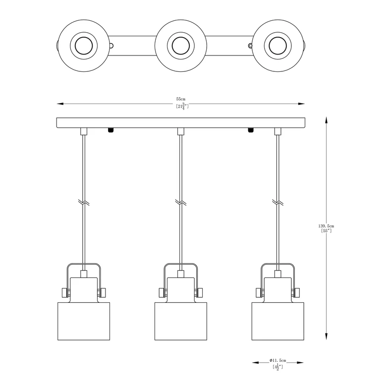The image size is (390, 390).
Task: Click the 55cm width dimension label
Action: click(x=181, y=99)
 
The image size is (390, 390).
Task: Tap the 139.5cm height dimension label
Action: click(x=326, y=226)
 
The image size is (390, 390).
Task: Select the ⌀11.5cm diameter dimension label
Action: click(x=278, y=360)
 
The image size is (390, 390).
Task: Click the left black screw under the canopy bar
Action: click(x=111, y=130)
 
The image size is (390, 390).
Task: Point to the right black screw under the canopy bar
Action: click(x=251, y=130)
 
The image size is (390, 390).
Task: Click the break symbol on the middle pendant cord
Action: click(x=181, y=202)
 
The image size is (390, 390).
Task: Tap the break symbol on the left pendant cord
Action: click(x=84, y=202)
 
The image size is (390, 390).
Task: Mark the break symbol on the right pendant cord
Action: click(x=278, y=202)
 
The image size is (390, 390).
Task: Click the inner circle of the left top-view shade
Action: click(x=84, y=46)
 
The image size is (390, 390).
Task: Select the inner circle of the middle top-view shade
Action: click(x=181, y=46)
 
